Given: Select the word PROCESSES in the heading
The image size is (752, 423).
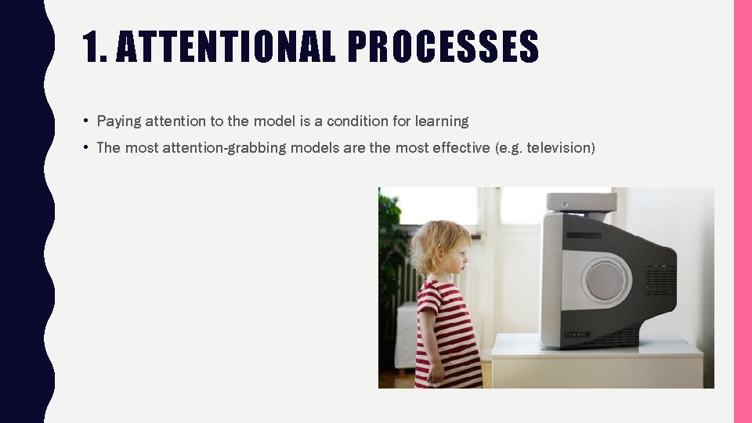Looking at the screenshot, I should coord(443,47).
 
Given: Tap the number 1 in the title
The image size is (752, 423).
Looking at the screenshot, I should coord(93,47).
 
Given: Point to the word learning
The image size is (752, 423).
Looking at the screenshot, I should coord(442,121).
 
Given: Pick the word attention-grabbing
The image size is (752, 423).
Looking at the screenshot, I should coord(224,147).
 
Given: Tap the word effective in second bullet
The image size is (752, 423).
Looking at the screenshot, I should coord(461,147).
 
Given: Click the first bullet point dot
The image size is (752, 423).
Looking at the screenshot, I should coord(84,121).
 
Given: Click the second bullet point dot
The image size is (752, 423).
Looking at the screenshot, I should coord(84,147).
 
